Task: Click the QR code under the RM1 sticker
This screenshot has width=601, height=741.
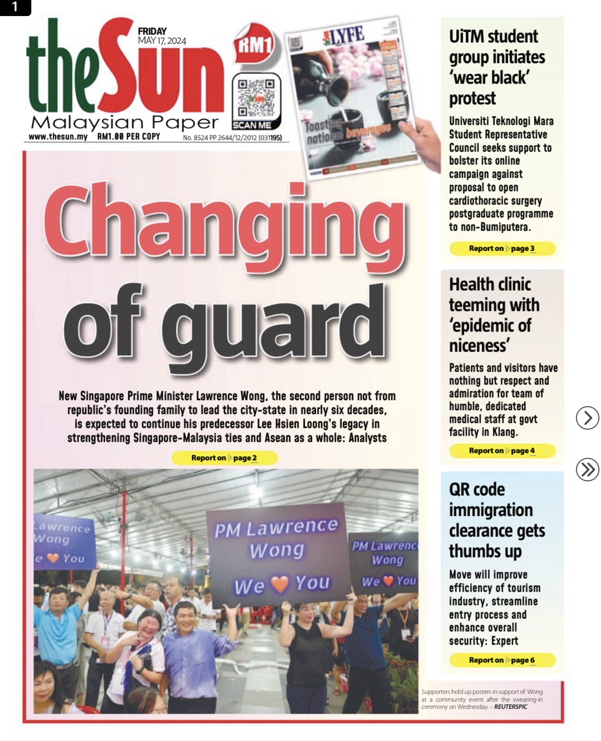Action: pyautogui.click(x=256, y=98)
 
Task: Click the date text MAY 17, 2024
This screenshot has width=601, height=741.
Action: pyautogui.click(x=162, y=41)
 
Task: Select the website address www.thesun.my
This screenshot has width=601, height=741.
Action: pyautogui.click(x=58, y=137)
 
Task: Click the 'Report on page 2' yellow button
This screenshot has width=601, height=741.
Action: pyautogui.click(x=224, y=458)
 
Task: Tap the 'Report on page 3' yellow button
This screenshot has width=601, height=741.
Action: pyautogui.click(x=502, y=248)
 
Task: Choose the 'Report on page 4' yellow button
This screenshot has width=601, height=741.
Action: pyautogui.click(x=502, y=451)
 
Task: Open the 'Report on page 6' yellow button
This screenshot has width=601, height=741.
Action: pyautogui.click(x=502, y=660)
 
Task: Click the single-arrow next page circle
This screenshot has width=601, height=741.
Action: pyautogui.click(x=587, y=418)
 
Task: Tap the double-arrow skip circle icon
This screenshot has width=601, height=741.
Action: pyautogui.click(x=587, y=470)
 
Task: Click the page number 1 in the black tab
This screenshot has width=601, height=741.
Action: pyautogui.click(x=15, y=7)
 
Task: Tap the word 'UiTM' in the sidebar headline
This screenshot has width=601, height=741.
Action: pyautogui.click(x=469, y=37)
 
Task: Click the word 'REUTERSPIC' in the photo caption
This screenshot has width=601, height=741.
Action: pyautogui.click(x=511, y=707)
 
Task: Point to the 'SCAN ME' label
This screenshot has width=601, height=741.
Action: pyautogui.click(x=252, y=125)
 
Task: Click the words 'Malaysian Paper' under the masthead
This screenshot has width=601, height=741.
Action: pyautogui.click(x=124, y=123)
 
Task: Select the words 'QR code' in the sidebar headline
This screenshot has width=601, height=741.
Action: pyautogui.click(x=477, y=490)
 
